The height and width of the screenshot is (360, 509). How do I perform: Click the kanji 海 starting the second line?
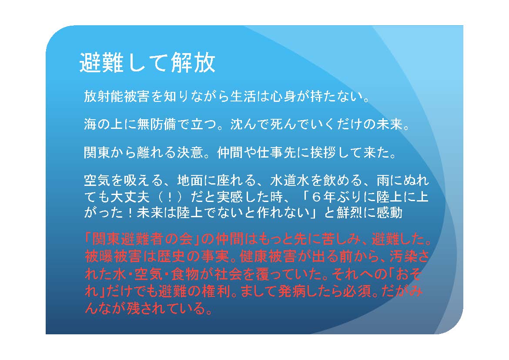(x=90, y=124)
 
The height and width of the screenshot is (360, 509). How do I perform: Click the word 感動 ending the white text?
(x=389, y=213)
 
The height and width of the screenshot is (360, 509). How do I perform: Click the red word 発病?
(x=292, y=292)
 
